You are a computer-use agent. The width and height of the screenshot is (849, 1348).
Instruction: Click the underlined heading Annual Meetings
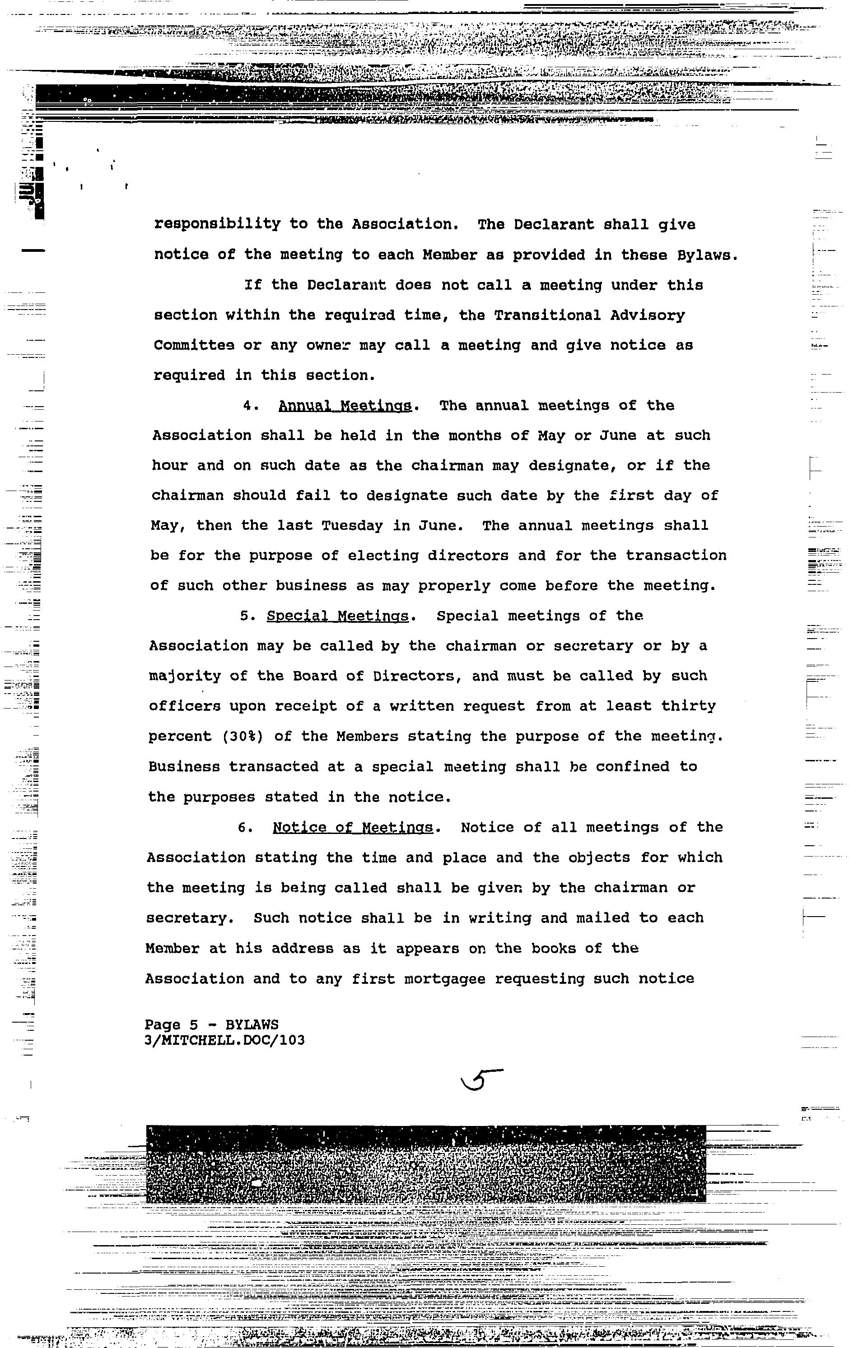(x=345, y=405)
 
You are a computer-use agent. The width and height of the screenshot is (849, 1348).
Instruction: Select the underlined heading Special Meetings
(x=337, y=616)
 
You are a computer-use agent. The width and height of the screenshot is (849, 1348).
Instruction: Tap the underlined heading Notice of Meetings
(x=353, y=827)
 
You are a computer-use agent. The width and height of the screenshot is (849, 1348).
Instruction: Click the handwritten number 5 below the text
(x=480, y=1080)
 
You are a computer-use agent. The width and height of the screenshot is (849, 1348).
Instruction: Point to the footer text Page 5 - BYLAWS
(x=211, y=1025)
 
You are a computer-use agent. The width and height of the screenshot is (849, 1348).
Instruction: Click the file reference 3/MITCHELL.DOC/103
(x=224, y=1040)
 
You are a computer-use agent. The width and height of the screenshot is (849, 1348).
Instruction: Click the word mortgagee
(x=449, y=978)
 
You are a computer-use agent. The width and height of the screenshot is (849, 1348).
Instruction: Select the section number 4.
(x=250, y=405)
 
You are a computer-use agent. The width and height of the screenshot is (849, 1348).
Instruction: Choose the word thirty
(x=688, y=706)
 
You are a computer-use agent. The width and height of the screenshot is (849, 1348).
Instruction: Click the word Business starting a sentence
(x=184, y=767)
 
